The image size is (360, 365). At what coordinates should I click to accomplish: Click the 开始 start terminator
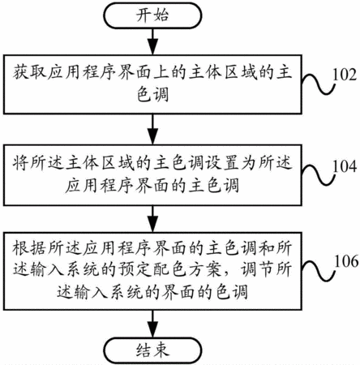pyautogui.click(x=153, y=15)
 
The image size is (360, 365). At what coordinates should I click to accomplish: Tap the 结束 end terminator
pyautogui.click(x=153, y=350)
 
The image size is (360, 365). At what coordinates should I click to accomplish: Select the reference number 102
pyautogui.click(x=345, y=75)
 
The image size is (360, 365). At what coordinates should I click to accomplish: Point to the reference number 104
pyautogui.click(x=345, y=166)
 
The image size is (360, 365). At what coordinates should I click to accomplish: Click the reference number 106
pyautogui.click(x=346, y=261)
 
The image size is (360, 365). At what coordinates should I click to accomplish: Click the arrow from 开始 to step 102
pyautogui.click(x=153, y=41)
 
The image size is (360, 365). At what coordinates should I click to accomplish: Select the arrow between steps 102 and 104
pyautogui.click(x=153, y=129)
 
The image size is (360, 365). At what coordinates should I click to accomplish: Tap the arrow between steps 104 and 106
pyautogui.click(x=153, y=219)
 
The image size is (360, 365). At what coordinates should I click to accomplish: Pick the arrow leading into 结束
pyautogui.click(x=153, y=324)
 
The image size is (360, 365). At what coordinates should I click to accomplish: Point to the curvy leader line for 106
pyautogui.click(x=319, y=270)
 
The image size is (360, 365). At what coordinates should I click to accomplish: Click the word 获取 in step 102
pyautogui.click(x=29, y=72)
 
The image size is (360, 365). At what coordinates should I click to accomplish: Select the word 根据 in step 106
pyautogui.click(x=29, y=248)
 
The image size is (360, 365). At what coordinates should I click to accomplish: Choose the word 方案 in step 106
pyautogui.click(x=205, y=269)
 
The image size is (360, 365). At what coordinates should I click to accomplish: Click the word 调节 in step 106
pyautogui.click(x=257, y=269)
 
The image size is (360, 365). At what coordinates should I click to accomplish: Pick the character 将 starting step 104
pyautogui.click(x=21, y=164)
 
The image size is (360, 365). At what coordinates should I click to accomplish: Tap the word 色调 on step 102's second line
pyautogui.click(x=153, y=95)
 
